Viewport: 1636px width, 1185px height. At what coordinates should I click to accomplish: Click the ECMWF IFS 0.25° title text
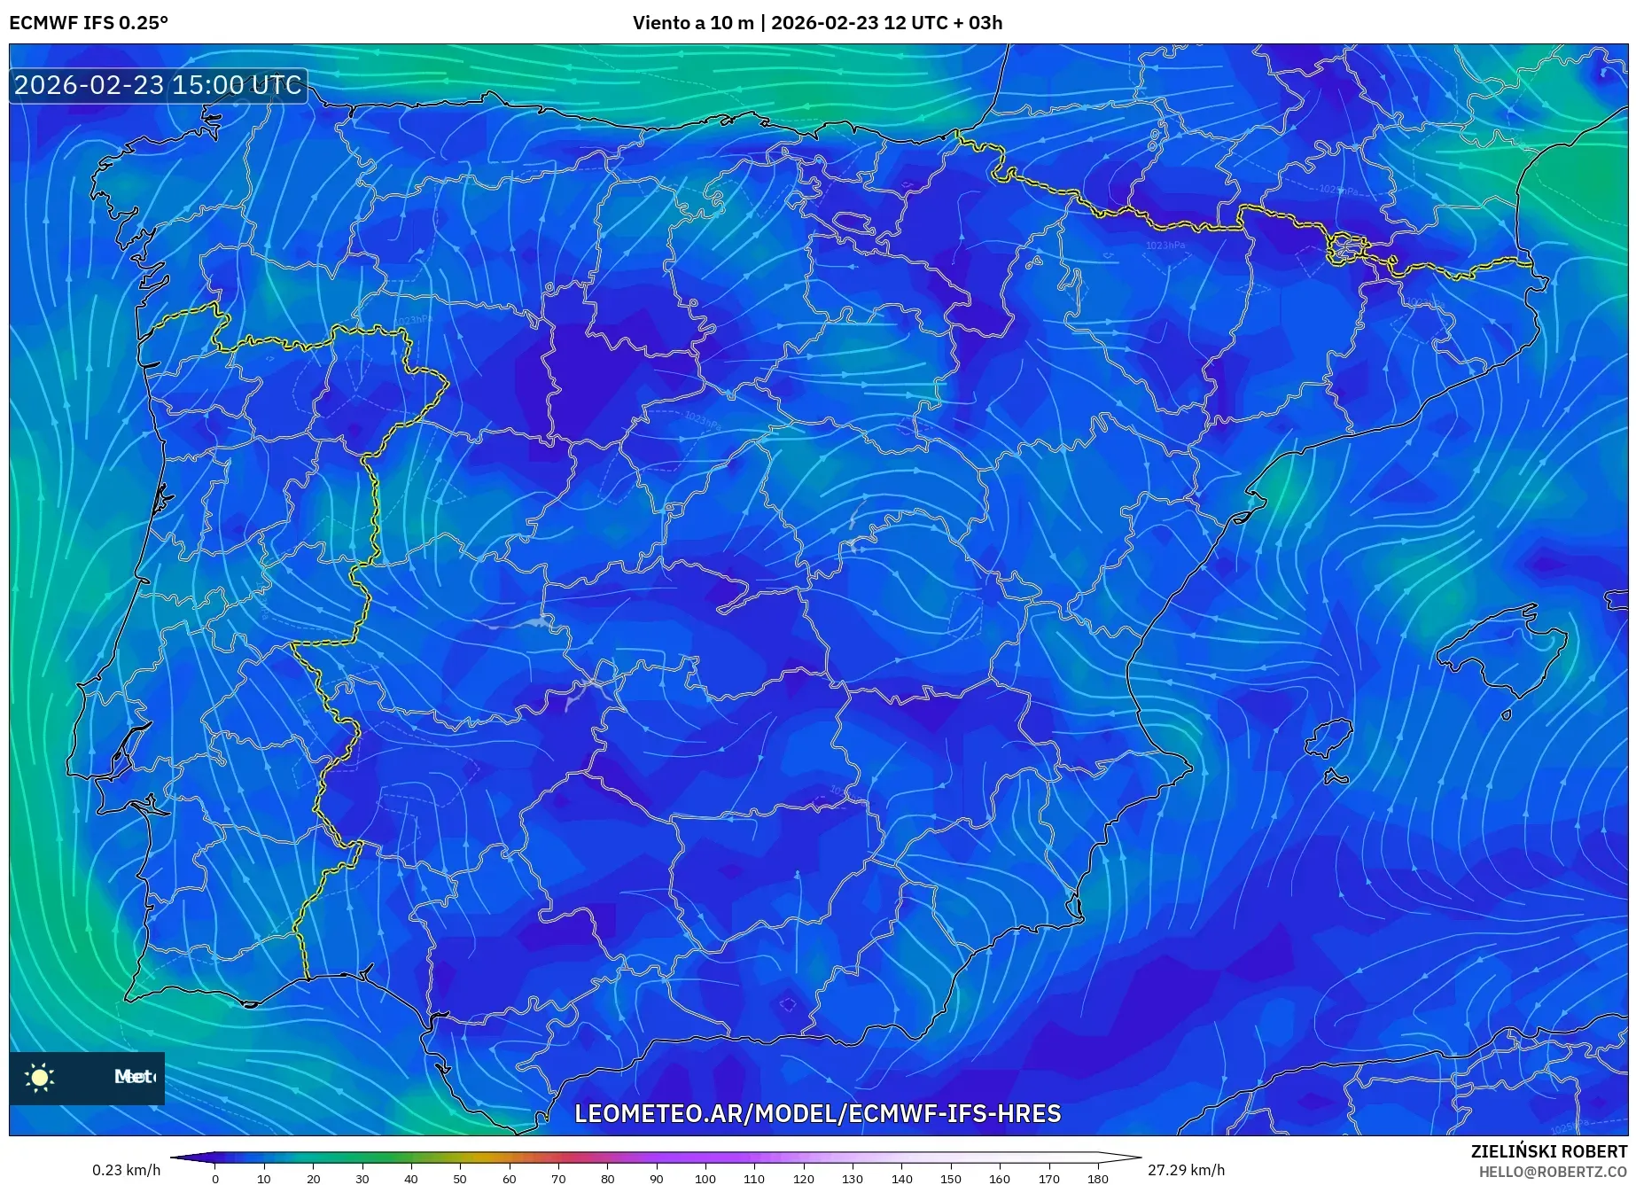(x=89, y=23)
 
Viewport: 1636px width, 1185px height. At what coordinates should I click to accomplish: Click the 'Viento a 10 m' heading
(x=693, y=23)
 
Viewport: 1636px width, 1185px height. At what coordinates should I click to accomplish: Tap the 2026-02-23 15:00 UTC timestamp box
(x=158, y=85)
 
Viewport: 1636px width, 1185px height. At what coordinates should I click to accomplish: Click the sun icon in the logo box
(x=40, y=1078)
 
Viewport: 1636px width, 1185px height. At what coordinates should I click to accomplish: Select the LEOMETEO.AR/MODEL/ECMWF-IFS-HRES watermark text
(x=817, y=1113)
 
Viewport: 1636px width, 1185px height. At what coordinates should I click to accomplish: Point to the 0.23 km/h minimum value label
(x=126, y=1170)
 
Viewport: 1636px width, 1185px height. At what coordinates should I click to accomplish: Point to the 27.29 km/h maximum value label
(x=1186, y=1170)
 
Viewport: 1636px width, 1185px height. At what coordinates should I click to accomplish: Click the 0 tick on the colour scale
(x=215, y=1179)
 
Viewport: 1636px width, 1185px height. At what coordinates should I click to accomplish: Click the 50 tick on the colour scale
(x=460, y=1179)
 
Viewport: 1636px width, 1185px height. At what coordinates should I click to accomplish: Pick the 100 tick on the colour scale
(x=705, y=1179)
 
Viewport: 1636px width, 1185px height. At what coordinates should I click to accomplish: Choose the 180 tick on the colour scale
(x=1097, y=1179)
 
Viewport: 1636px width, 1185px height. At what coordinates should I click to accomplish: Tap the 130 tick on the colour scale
(x=853, y=1179)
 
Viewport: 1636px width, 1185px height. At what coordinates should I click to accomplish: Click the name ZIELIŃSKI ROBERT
(x=1549, y=1151)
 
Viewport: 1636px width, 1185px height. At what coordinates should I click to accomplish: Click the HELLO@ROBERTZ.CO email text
(x=1553, y=1172)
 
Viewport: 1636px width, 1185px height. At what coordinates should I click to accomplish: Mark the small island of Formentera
(x=1335, y=777)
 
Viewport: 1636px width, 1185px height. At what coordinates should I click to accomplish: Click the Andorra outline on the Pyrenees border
(x=1345, y=247)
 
